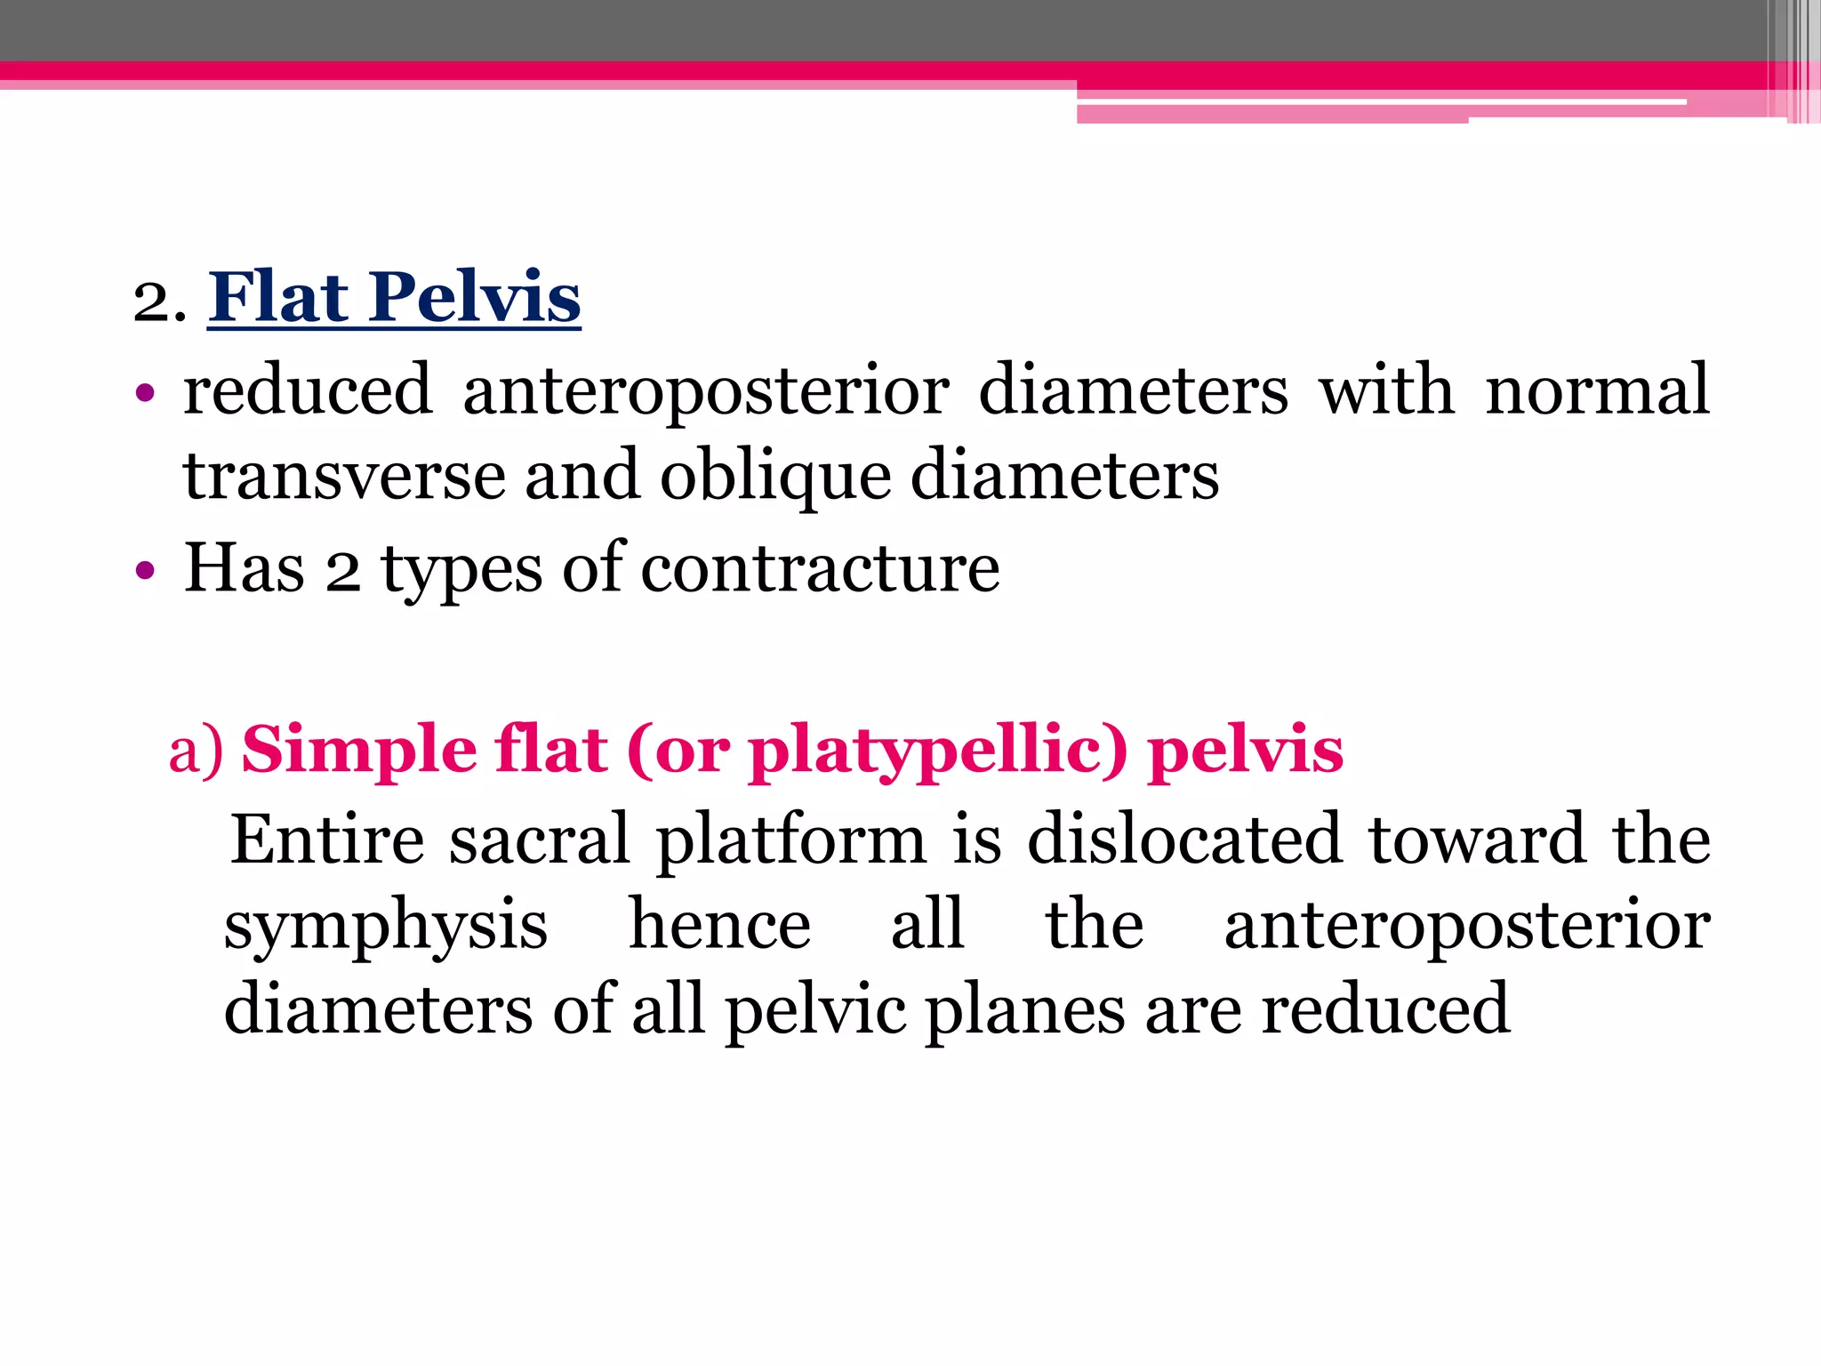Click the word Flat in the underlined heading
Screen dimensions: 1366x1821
tap(279, 297)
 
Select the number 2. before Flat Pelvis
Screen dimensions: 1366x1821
tap(159, 302)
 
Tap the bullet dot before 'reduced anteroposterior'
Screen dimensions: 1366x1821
tap(145, 392)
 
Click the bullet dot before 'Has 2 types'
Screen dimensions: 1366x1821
tap(145, 570)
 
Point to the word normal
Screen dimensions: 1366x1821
tap(1597, 391)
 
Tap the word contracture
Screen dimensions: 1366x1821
tap(820, 568)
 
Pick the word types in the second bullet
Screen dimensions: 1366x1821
tap(461, 570)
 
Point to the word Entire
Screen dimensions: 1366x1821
tap(327, 839)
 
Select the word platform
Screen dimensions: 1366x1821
tap(791, 840)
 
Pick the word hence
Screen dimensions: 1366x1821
tap(719, 925)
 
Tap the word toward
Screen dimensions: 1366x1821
tap(1477, 839)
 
